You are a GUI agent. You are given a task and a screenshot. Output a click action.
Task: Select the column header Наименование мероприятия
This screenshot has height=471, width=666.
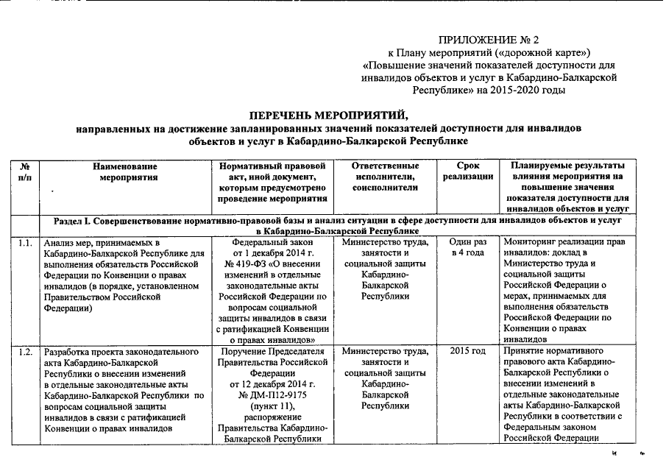125,172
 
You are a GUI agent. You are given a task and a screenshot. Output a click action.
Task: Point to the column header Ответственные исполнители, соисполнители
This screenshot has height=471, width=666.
385,177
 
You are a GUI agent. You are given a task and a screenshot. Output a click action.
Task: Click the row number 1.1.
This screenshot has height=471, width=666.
26,241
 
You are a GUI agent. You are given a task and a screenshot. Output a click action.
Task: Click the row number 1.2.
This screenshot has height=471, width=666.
26,351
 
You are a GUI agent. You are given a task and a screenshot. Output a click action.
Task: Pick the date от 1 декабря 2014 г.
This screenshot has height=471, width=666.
272,252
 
